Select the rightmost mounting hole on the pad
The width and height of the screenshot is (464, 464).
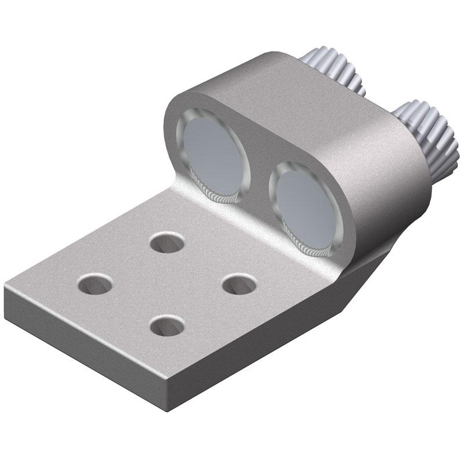[240, 283]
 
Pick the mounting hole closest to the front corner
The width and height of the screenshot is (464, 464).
[166, 325]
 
